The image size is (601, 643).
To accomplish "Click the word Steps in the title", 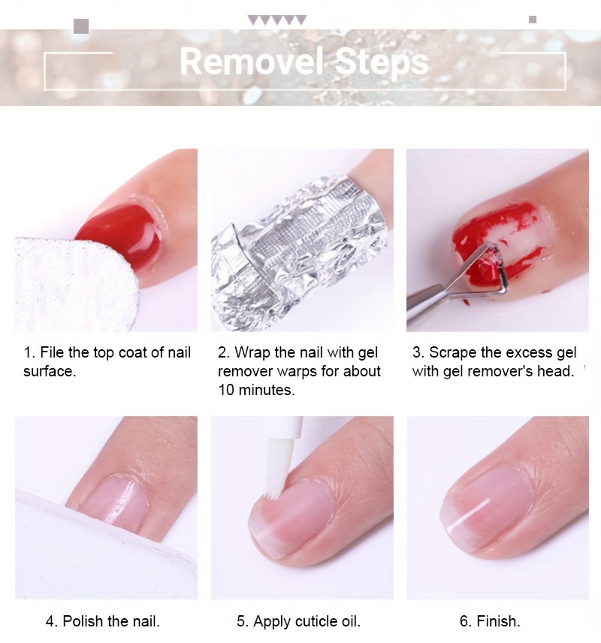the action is point(382,62).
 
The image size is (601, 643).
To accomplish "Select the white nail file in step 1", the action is point(76,284).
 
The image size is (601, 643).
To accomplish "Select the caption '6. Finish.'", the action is point(489,621).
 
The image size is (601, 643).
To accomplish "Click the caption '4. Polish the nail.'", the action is point(103,621).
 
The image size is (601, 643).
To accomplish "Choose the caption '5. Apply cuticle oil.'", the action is point(298,621).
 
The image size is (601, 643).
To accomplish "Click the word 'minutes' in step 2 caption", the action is point(267,390).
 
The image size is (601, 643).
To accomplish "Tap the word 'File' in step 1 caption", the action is point(53,352).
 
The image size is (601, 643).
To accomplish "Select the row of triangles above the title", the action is point(277,20).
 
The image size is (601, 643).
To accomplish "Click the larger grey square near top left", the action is point(81,26).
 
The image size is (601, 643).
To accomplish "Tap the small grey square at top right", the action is point(533,20).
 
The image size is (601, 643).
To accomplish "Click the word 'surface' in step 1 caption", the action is point(50,371).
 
